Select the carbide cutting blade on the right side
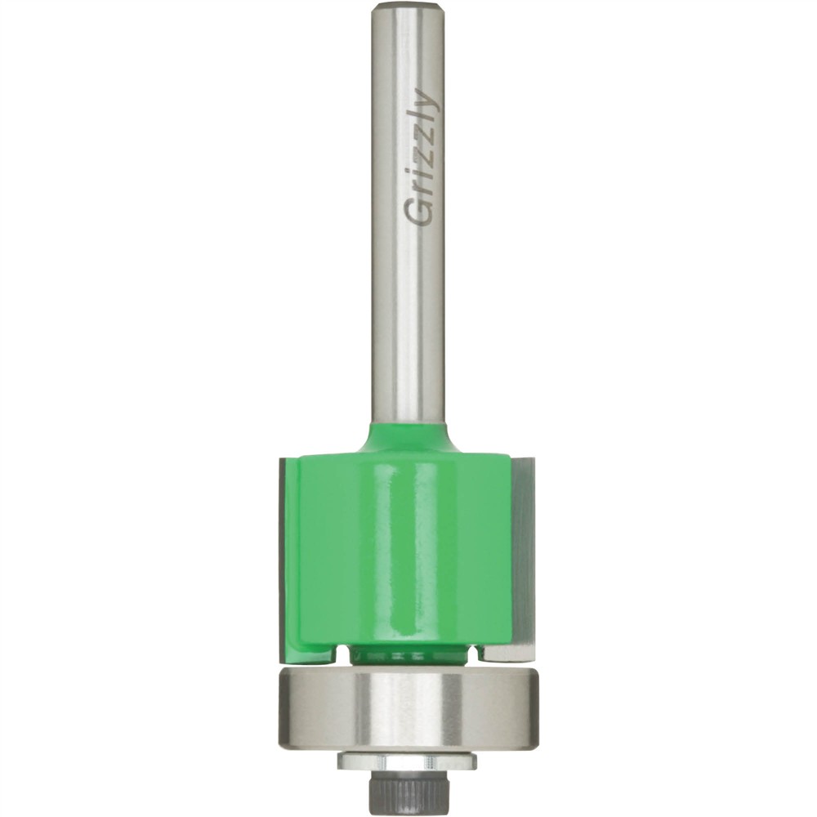coord(523,556)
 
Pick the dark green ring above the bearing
coord(407,654)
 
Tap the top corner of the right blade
coord(523,462)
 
